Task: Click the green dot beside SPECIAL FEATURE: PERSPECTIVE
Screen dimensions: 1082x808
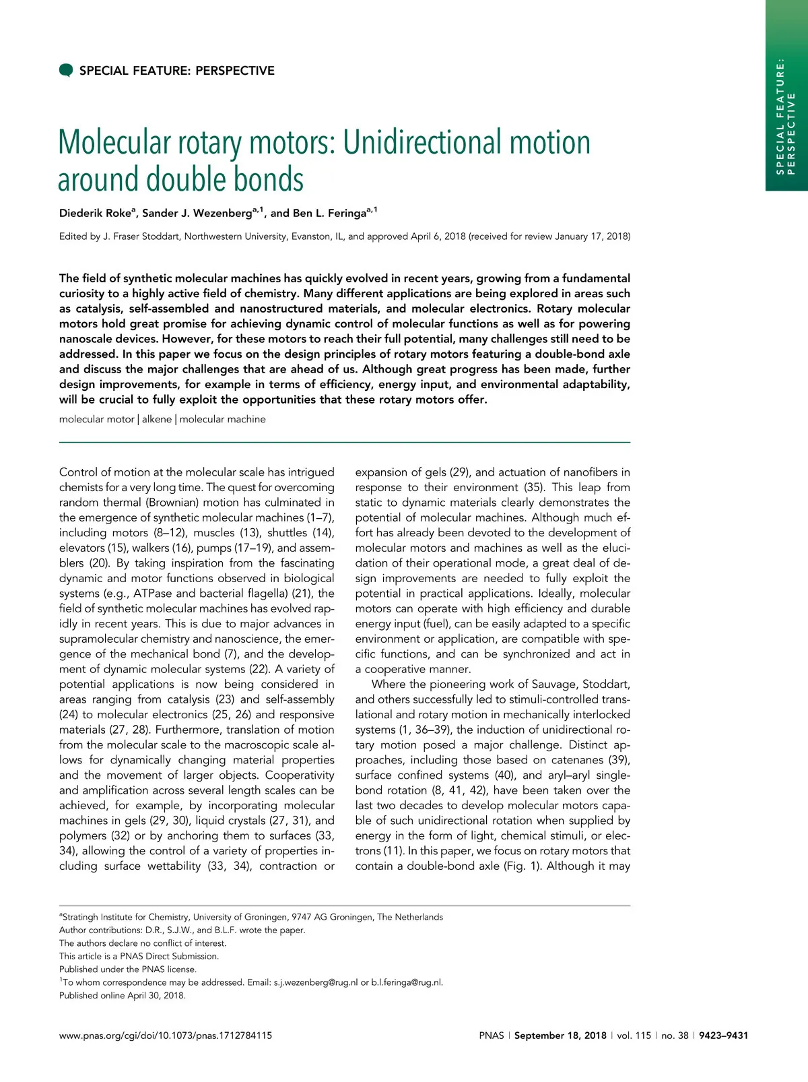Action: click(66, 70)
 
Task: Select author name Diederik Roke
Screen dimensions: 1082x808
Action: click(95, 214)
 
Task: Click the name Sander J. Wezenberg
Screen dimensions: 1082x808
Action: click(197, 214)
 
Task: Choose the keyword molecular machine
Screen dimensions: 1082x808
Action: click(222, 419)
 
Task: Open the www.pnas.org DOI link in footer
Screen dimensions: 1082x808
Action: click(166, 1036)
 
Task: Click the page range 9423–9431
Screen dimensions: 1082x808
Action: click(723, 1036)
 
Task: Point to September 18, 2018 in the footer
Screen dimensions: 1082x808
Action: click(560, 1036)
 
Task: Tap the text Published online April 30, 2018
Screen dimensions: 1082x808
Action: click(123, 995)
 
